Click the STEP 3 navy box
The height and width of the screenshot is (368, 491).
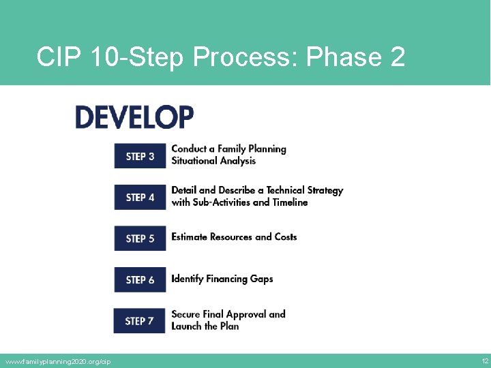pyautogui.click(x=140, y=156)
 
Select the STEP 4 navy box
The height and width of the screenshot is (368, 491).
pyautogui.click(x=140, y=197)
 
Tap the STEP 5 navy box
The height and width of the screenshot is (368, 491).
pyautogui.click(x=140, y=238)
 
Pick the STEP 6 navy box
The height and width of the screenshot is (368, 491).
pyautogui.click(x=140, y=279)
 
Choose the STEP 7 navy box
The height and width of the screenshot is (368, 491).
pyautogui.click(x=139, y=320)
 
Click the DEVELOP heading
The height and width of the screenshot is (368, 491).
pyautogui.click(x=134, y=117)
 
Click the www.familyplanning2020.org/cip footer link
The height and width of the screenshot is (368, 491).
pyautogui.click(x=57, y=361)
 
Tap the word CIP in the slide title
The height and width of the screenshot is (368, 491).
pyautogui.click(x=59, y=57)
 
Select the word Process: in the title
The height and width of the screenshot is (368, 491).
pyautogui.click(x=245, y=57)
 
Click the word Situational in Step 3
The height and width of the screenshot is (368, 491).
pyautogui.click(x=194, y=161)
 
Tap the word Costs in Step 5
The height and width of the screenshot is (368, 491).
pyautogui.click(x=286, y=237)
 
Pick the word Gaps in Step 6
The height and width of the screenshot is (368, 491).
pyautogui.click(x=261, y=279)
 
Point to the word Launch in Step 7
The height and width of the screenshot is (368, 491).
pyautogui.click(x=187, y=326)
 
